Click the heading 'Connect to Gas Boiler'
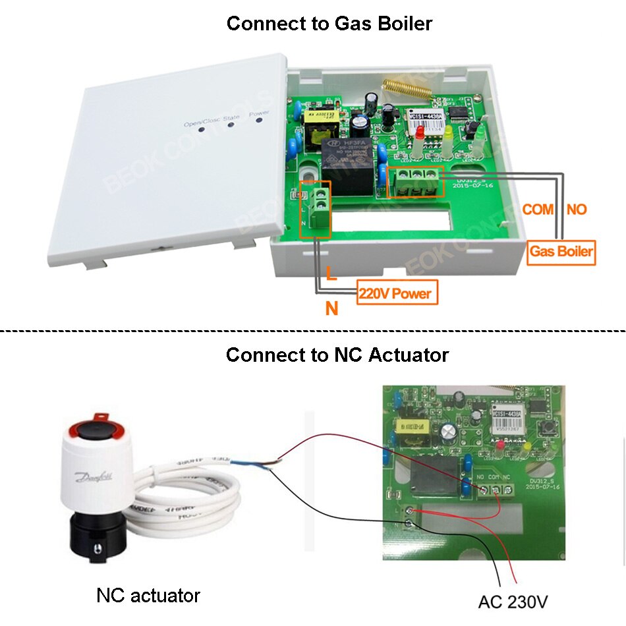pyautogui.click(x=329, y=24)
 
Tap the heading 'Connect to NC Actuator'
pyautogui.click(x=337, y=355)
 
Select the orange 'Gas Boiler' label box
pyautogui.click(x=561, y=252)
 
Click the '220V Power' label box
pyautogui.click(x=397, y=292)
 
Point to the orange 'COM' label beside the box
pyautogui.click(x=538, y=210)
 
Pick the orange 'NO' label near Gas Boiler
pyautogui.click(x=576, y=210)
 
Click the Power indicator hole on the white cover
pyautogui.click(x=259, y=119)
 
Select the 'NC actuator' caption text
pyautogui.click(x=148, y=596)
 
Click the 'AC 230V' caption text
pyautogui.click(x=512, y=602)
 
